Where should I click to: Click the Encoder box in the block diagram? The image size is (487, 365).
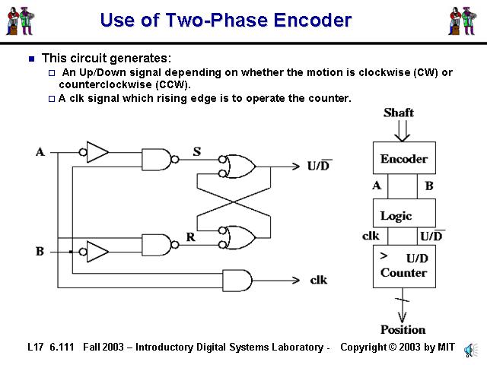[404, 158]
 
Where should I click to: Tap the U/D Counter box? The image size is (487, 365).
[404, 265]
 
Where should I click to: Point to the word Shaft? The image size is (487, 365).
[399, 113]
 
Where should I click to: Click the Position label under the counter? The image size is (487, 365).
[403, 329]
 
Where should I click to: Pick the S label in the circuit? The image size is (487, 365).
[196, 152]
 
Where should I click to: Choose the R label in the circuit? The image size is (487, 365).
[190, 237]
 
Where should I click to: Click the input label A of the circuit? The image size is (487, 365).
[40, 152]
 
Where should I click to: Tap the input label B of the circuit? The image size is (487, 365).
[40, 251]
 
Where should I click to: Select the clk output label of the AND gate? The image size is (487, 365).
[318, 280]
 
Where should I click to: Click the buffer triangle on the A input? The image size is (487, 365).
[97, 152]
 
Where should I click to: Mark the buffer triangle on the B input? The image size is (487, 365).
[97, 250]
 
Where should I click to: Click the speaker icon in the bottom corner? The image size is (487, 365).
[470, 348]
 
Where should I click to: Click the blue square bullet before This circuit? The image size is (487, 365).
[31, 59]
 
